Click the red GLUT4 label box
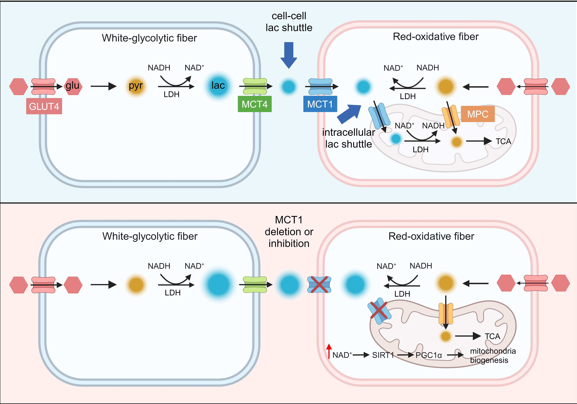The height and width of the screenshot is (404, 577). click(44, 106)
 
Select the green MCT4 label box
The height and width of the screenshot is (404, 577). click(255, 104)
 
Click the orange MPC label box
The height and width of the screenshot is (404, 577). click(477, 114)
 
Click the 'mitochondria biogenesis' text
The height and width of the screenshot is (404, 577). click(493, 356)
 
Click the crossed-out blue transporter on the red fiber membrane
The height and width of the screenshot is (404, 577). click(319, 285)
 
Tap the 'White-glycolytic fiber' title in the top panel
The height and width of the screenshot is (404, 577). click(149, 38)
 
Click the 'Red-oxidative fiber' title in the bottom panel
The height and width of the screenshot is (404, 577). click(431, 236)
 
